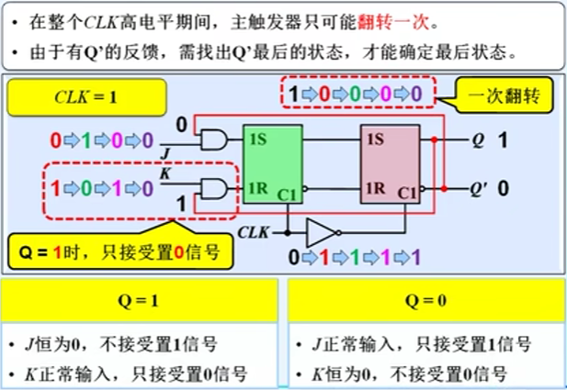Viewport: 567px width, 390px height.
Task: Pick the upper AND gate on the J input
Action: point(214,139)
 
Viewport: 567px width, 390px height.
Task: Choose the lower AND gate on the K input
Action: point(214,189)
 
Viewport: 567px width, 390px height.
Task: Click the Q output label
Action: point(477,141)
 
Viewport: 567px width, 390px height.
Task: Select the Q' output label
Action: point(479,189)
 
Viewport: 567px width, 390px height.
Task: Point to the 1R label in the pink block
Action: point(374,189)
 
